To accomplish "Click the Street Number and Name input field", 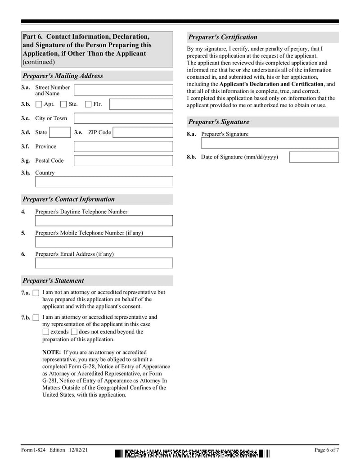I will pyautogui.click(x=123, y=90).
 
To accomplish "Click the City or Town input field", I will pyautogui.click(x=123, y=118).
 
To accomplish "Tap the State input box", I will pyautogui.click(x=59, y=132).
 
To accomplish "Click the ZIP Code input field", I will pyautogui.click(x=142, y=132).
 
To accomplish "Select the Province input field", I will pyautogui.click(x=123, y=146).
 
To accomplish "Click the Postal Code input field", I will pyautogui.click(x=123, y=160).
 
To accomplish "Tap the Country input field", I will pyautogui.click(x=103, y=182).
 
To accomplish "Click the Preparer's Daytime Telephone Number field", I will pyautogui.click(x=103, y=221).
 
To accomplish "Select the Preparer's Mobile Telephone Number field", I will pyautogui.click(x=103, y=242).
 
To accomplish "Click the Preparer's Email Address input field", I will pyautogui.click(x=103, y=263).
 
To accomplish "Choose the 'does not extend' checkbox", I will pyautogui.click(x=74, y=332).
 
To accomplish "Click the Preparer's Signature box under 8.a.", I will pyautogui.click(x=270, y=143).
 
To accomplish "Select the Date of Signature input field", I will pyautogui.click(x=314, y=157).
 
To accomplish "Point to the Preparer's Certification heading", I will pyautogui.click(x=223, y=37).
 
